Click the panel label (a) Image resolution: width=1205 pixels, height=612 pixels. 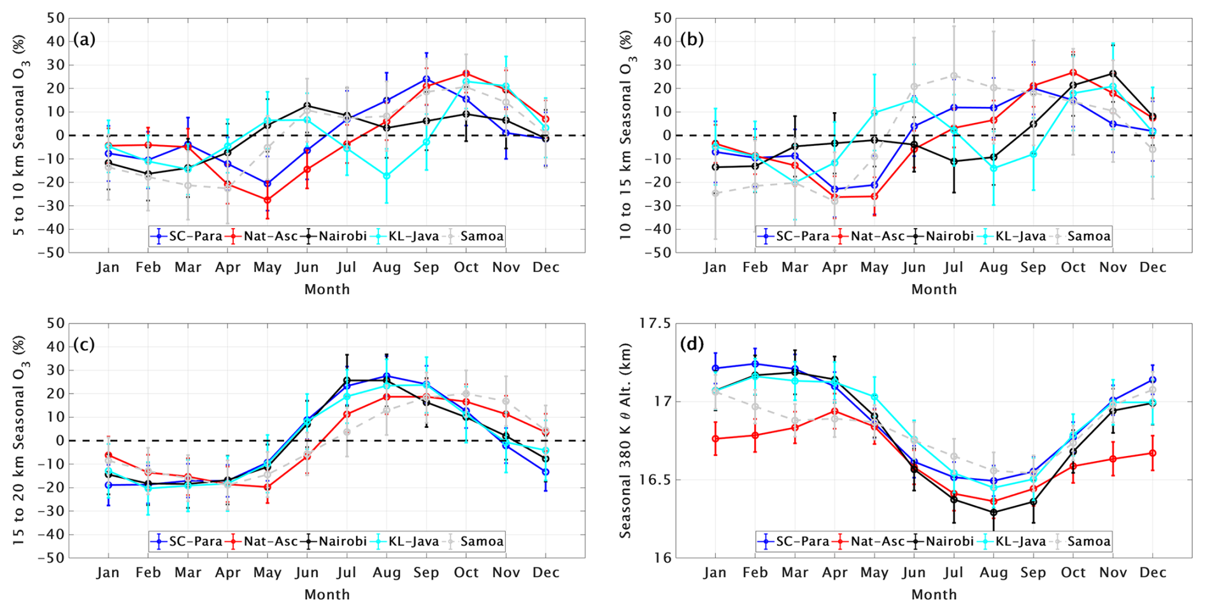pyautogui.click(x=84, y=39)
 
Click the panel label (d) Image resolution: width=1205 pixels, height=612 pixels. pyautogui.click(x=691, y=345)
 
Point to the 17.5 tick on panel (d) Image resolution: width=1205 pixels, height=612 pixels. pyautogui.click(x=654, y=324)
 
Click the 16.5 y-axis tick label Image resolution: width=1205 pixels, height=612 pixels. pyautogui.click(x=654, y=480)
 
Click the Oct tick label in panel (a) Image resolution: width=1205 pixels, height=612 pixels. pyautogui.click(x=466, y=267)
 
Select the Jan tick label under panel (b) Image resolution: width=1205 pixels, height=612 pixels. pyautogui.click(x=715, y=267)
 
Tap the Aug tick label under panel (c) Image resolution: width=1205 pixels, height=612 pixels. pyautogui.click(x=387, y=573)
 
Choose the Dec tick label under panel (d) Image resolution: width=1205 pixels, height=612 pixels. pyautogui.click(x=1153, y=573)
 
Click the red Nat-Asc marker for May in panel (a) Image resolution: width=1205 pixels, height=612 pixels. pyautogui.click(x=267, y=200)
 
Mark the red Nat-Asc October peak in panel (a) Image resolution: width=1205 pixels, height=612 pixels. pyautogui.click(x=466, y=74)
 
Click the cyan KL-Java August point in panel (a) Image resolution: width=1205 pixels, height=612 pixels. pyautogui.click(x=387, y=176)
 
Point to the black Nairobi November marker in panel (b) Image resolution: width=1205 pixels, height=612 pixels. pyautogui.click(x=1113, y=74)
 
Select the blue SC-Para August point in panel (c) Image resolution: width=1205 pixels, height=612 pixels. pyautogui.click(x=387, y=376)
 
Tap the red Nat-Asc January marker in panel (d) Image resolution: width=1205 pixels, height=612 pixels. pyautogui.click(x=715, y=439)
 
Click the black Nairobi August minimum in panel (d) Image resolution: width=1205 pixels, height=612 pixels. pyautogui.click(x=994, y=512)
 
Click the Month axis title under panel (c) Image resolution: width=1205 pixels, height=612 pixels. pyautogui.click(x=327, y=595)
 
